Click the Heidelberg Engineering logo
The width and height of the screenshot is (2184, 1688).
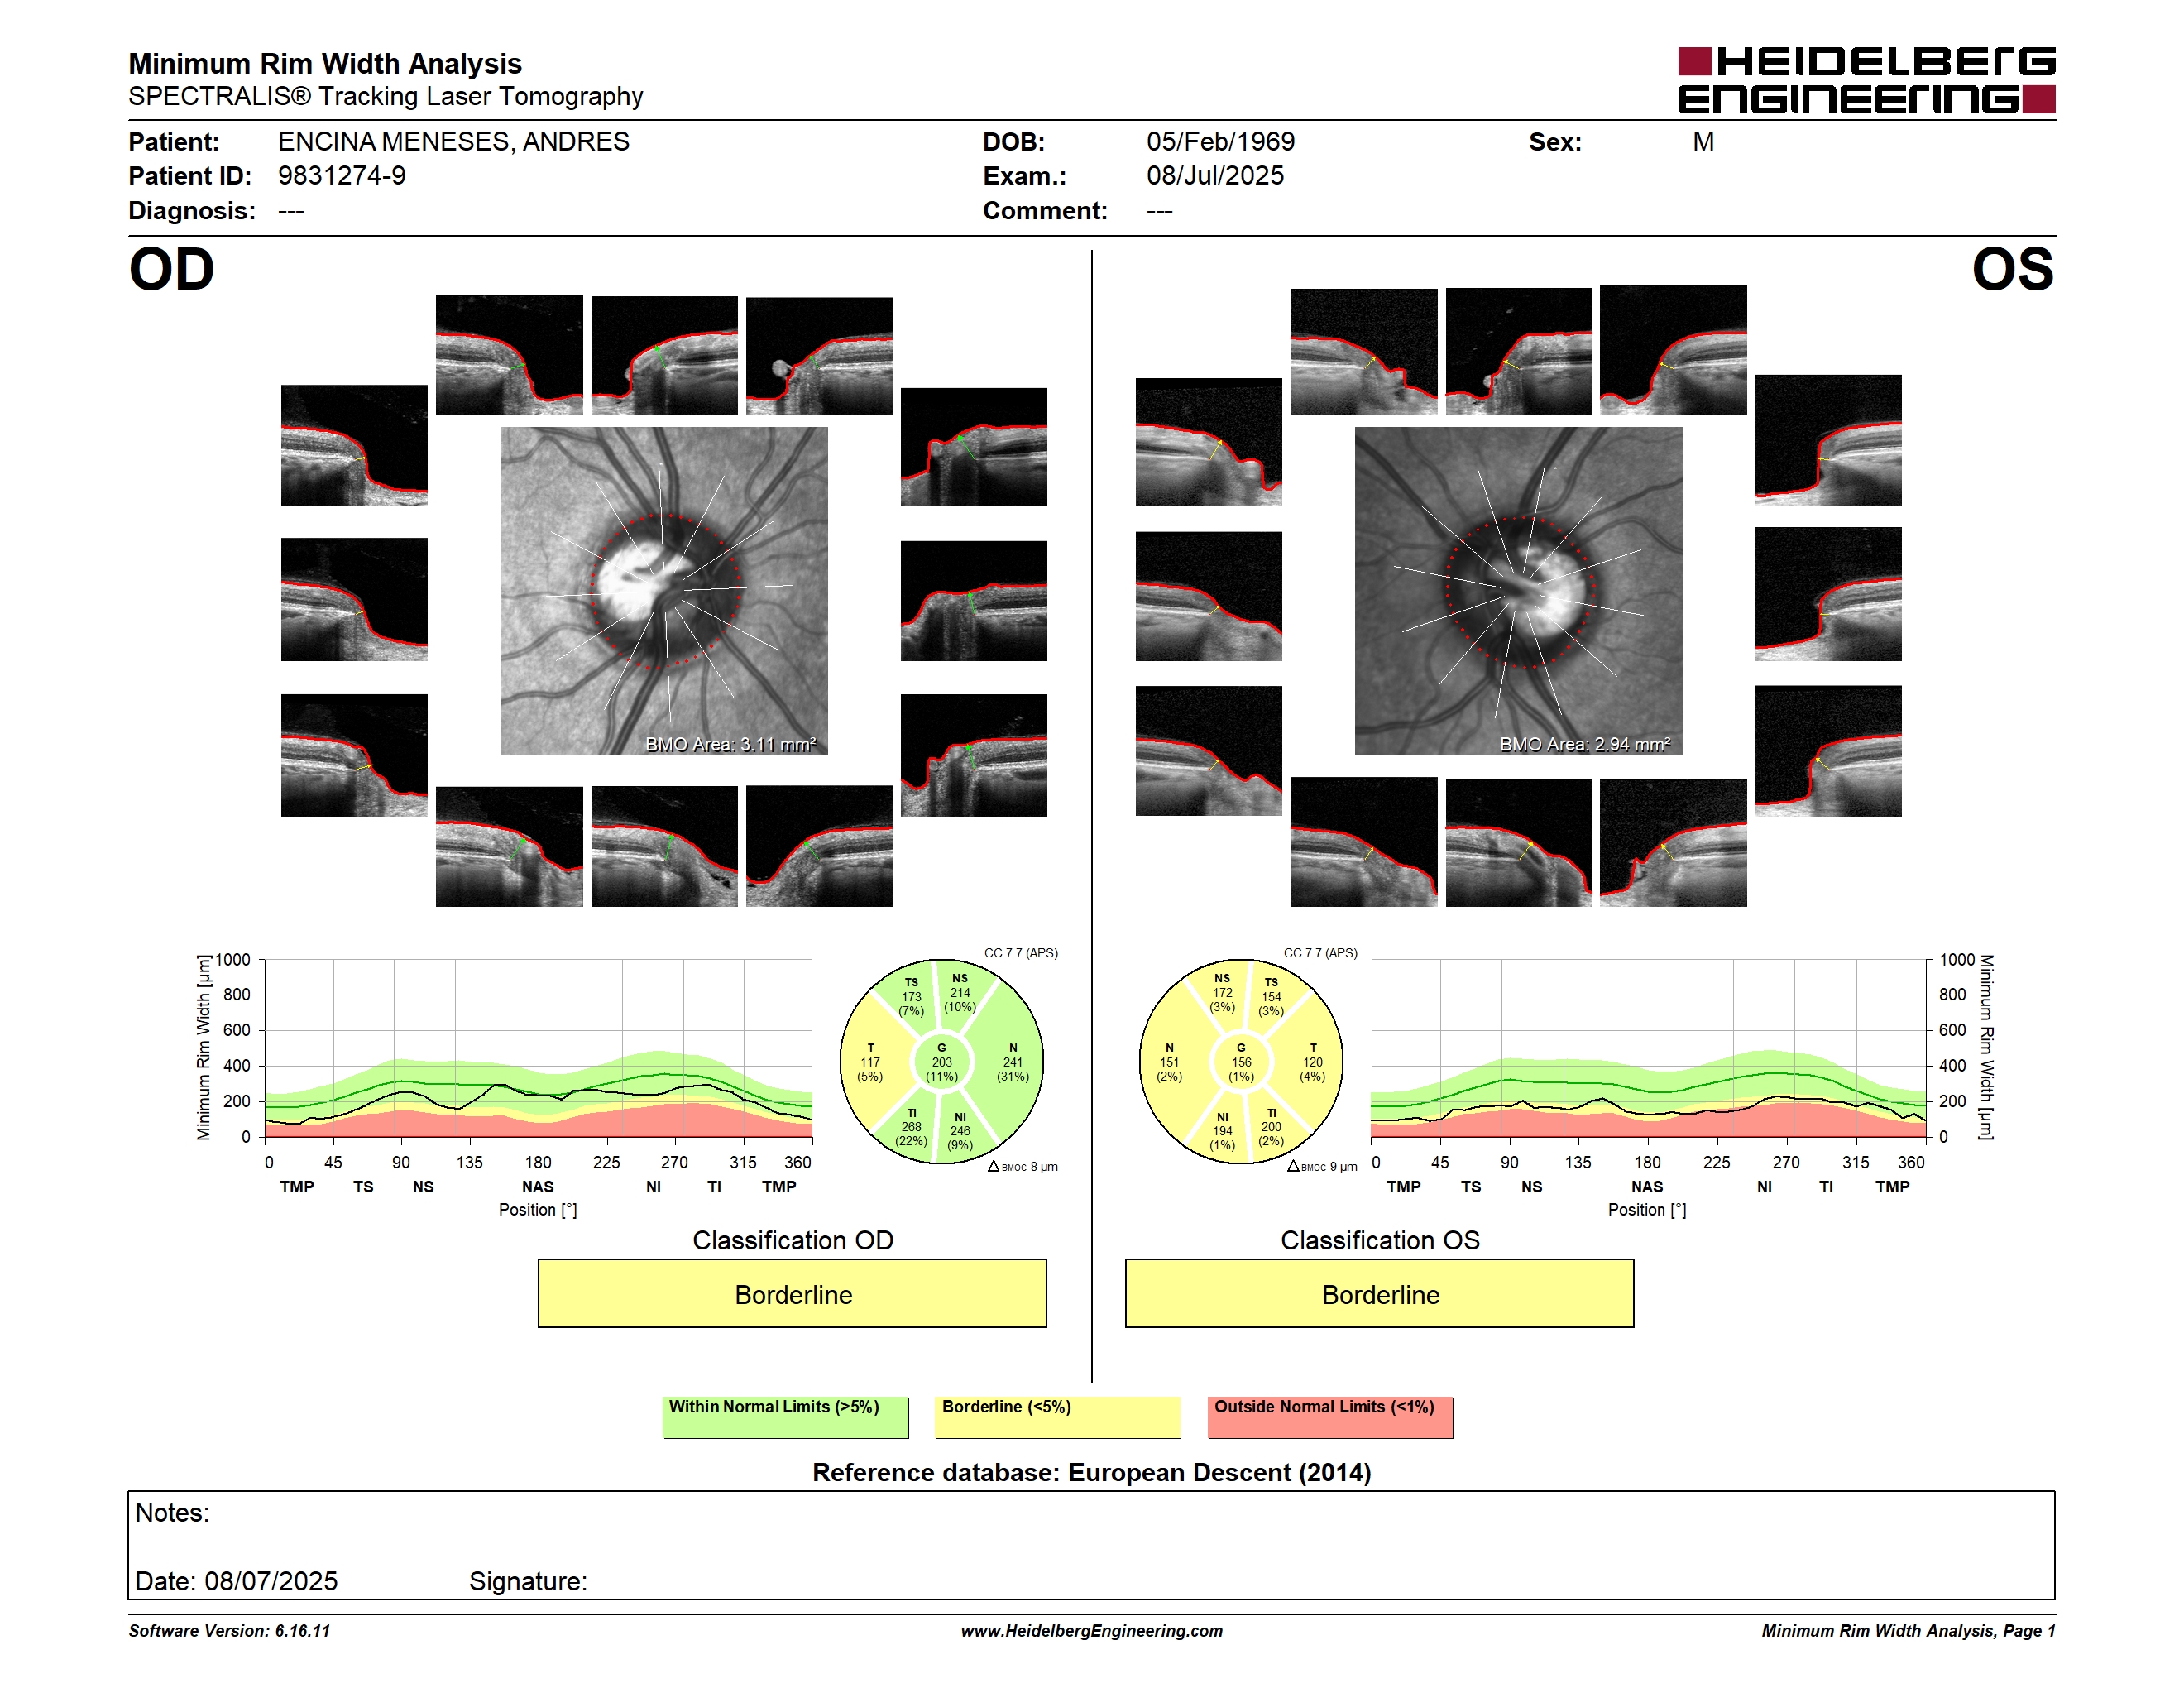(x=1866, y=80)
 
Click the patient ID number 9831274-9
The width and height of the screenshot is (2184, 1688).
(x=342, y=176)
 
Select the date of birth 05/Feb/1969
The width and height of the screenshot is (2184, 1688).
(x=1220, y=142)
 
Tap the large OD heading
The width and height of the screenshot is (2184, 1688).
(x=171, y=270)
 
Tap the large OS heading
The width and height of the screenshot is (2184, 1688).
(x=2012, y=270)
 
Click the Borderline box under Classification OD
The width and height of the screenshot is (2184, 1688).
(x=792, y=1293)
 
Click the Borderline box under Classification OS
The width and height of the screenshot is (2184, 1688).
(x=1379, y=1293)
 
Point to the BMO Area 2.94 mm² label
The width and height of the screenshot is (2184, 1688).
(x=1584, y=744)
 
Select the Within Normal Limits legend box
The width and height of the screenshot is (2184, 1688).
(x=785, y=1417)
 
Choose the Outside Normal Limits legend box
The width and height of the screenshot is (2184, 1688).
(x=1330, y=1417)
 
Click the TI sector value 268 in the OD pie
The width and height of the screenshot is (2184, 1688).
(x=911, y=1127)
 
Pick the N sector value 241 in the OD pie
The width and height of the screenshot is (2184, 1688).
(x=1013, y=1062)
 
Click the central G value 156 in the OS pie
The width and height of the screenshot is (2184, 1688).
(x=1241, y=1062)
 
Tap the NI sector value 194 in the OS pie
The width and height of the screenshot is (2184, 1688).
(x=1222, y=1131)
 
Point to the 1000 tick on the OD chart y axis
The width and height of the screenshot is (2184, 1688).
(x=232, y=960)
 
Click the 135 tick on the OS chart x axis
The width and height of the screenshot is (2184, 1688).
(x=1578, y=1162)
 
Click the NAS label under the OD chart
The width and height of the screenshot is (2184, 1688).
(x=538, y=1187)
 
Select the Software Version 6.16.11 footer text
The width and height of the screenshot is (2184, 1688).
(x=229, y=1631)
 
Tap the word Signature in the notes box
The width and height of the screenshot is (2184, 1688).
(x=527, y=1581)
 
